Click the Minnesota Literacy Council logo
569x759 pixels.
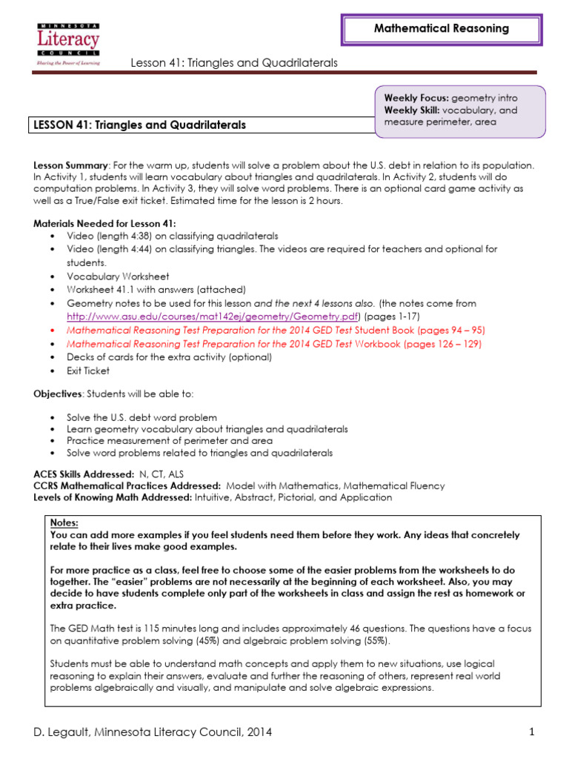pyautogui.click(x=67, y=44)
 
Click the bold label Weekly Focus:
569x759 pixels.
pyautogui.click(x=416, y=98)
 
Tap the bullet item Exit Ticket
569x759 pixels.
pyautogui.click(x=88, y=371)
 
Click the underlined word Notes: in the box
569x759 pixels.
pyautogui.click(x=64, y=523)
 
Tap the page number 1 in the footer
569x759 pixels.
pyautogui.click(x=532, y=732)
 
